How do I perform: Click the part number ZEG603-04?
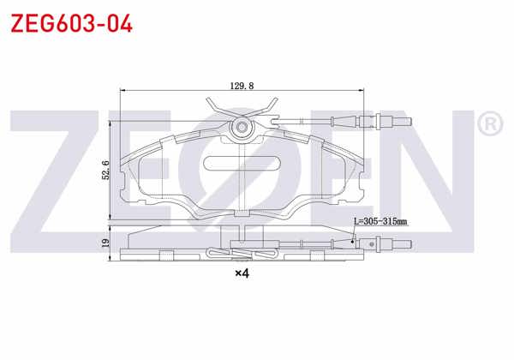(71, 23)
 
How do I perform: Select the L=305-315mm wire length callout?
(381, 221)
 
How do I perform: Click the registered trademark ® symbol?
(488, 125)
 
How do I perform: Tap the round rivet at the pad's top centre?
(242, 129)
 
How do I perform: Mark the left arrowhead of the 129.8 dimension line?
(121, 93)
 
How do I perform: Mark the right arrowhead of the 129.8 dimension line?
(363, 93)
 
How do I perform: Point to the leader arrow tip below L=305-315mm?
(356, 243)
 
